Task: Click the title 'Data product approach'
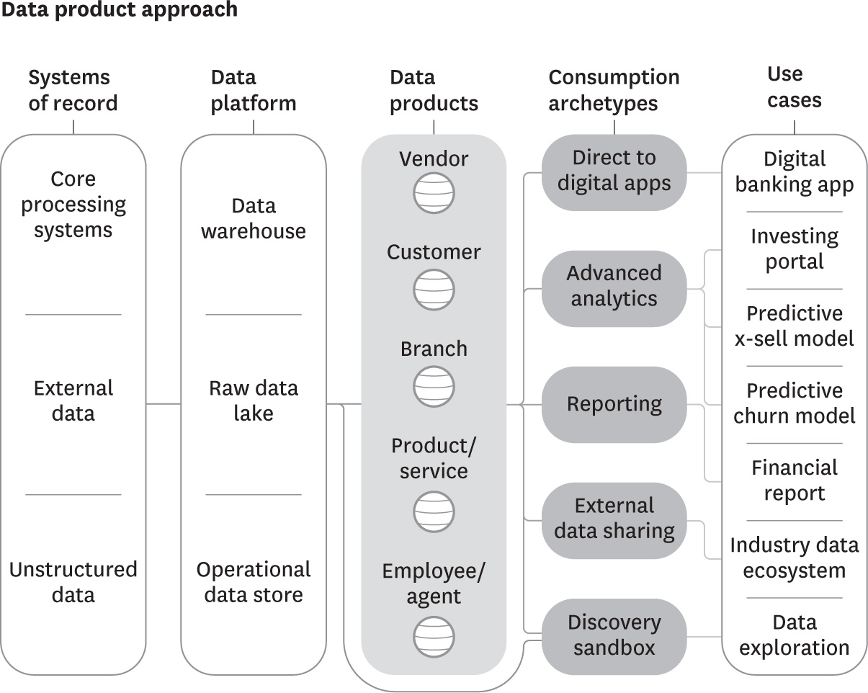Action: coord(119,10)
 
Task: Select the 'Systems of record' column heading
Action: coord(73,91)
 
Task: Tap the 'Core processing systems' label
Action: coord(73,205)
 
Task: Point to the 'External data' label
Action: coord(73,401)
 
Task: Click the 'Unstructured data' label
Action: coord(73,582)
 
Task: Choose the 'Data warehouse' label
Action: coord(254,218)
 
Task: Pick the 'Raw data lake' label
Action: coord(254,401)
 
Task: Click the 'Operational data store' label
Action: coord(254,582)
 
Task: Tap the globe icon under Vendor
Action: coord(434,193)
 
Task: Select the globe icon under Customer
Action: coord(434,290)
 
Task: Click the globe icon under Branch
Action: coord(434,386)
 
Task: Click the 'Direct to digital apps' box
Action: coord(614,171)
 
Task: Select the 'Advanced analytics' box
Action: coord(614,286)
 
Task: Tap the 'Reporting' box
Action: coord(614,404)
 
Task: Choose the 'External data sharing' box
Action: coord(614,519)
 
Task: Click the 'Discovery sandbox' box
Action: coord(614,635)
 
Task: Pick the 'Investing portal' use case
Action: coord(794,249)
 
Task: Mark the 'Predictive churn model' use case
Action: coord(794,403)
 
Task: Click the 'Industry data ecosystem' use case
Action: coord(794,558)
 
